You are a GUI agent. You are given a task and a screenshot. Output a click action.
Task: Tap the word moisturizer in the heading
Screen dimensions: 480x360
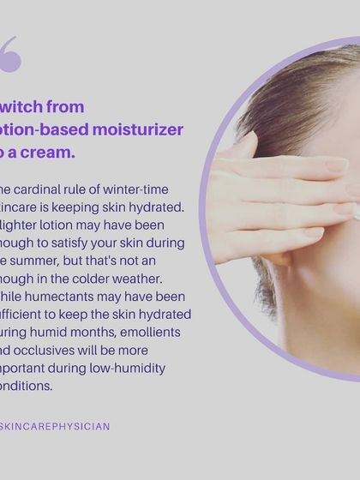coord(139,129)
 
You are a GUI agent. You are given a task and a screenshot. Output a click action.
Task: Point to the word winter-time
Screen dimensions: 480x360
coord(139,189)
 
